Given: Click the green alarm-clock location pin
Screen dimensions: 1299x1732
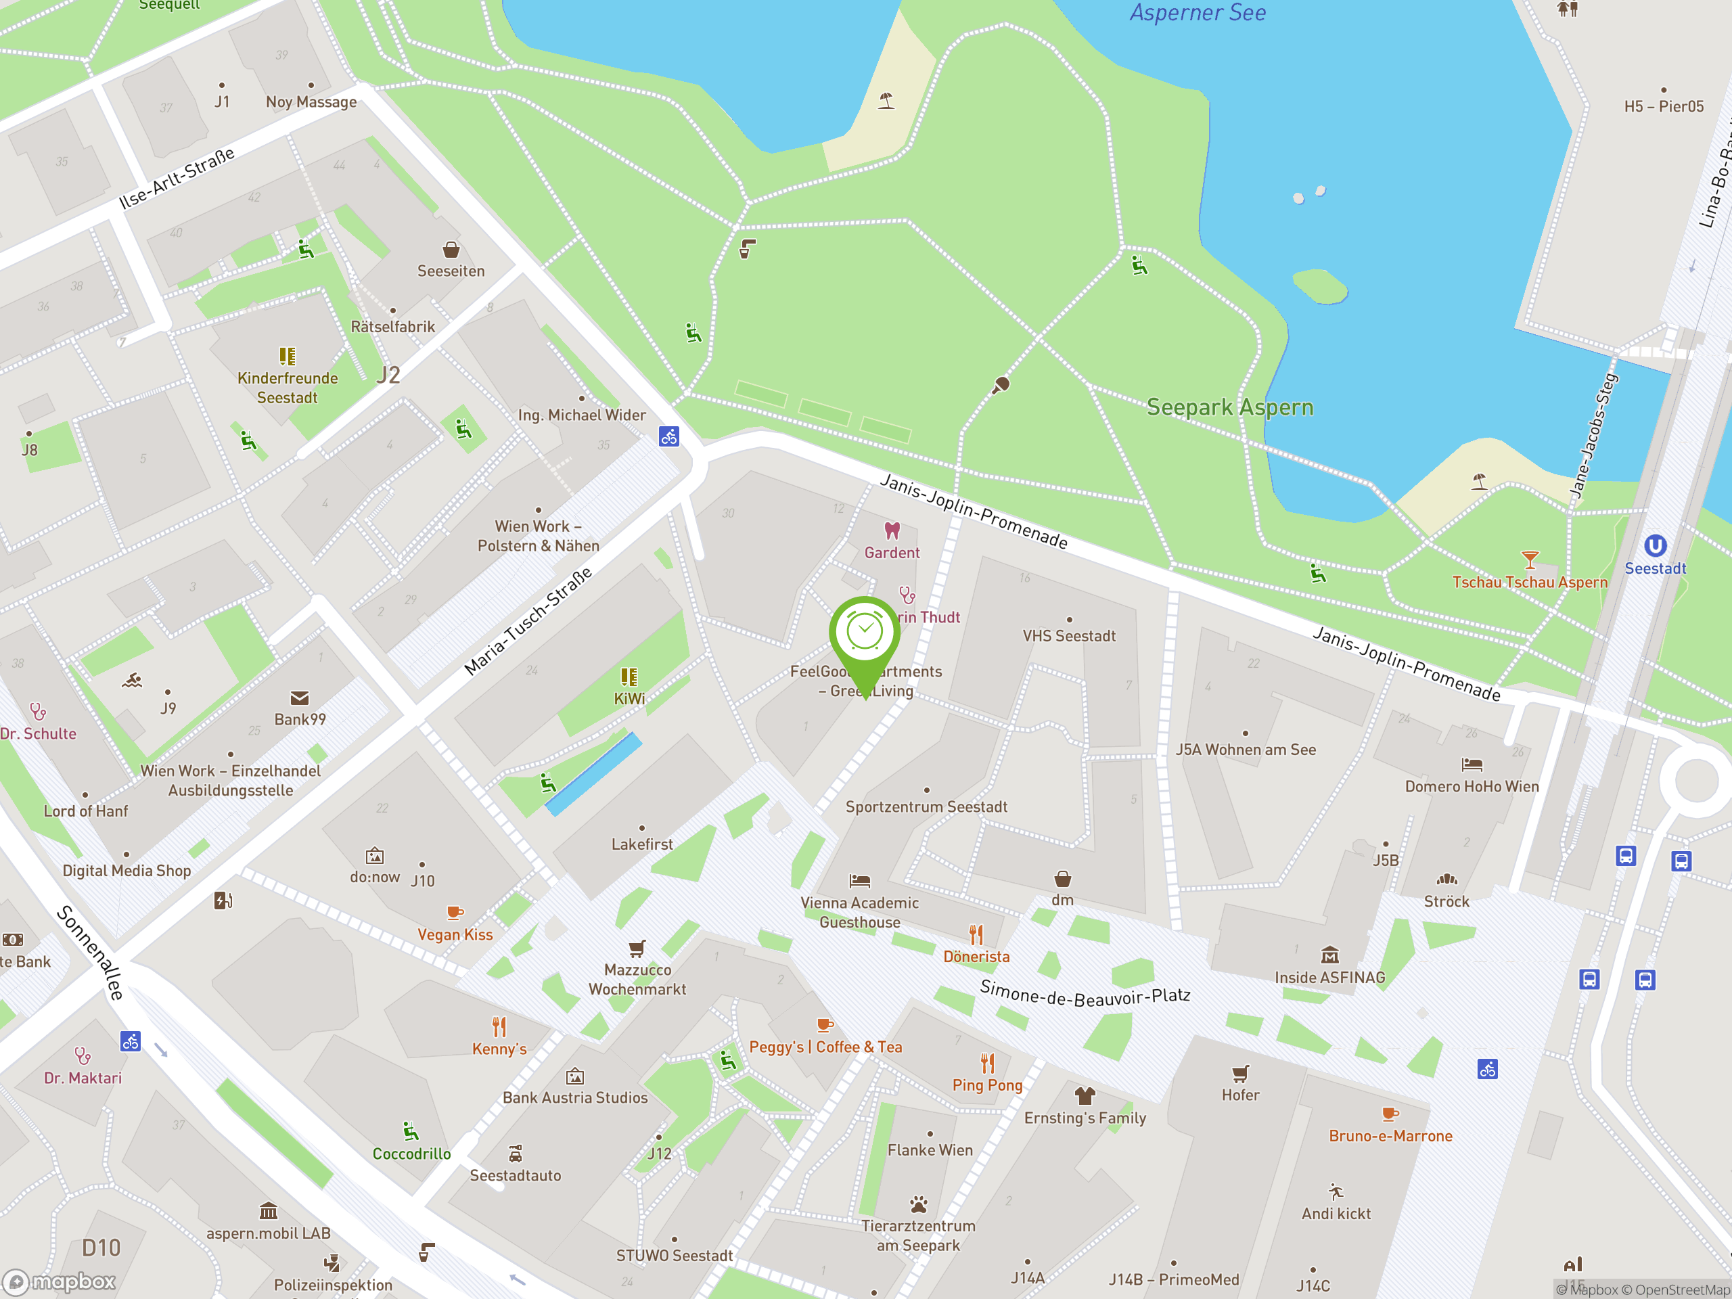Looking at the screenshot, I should (865, 633).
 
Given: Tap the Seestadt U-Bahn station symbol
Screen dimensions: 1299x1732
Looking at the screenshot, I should (1654, 546).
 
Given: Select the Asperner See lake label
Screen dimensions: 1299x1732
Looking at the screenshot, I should (1198, 13).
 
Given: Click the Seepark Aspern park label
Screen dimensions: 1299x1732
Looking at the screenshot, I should (1229, 407).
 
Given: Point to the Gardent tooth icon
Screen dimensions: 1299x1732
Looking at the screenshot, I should (892, 531).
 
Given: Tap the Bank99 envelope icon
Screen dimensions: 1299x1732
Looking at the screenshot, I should (299, 698).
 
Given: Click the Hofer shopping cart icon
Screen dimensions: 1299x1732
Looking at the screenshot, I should (1240, 1074).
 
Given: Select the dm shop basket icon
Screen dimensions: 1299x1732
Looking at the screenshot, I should (1062, 879).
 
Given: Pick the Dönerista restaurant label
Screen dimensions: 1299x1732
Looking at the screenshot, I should (976, 957).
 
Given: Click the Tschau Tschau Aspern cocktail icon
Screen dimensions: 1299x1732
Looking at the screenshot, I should (1529, 560).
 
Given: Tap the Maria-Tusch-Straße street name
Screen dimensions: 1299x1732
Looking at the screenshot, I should (528, 622).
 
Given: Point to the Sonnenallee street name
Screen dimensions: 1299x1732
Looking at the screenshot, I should (90, 952).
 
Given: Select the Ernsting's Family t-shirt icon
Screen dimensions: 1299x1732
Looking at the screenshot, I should (1085, 1095).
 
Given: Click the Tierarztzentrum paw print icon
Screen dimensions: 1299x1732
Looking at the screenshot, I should (919, 1204).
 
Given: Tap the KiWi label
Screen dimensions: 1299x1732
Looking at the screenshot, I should (629, 698).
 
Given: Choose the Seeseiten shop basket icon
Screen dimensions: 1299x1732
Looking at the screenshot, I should (451, 250).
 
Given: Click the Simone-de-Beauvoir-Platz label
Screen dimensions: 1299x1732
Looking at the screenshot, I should (1085, 996).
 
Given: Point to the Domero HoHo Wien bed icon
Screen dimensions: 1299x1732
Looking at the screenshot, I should (1472, 765).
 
